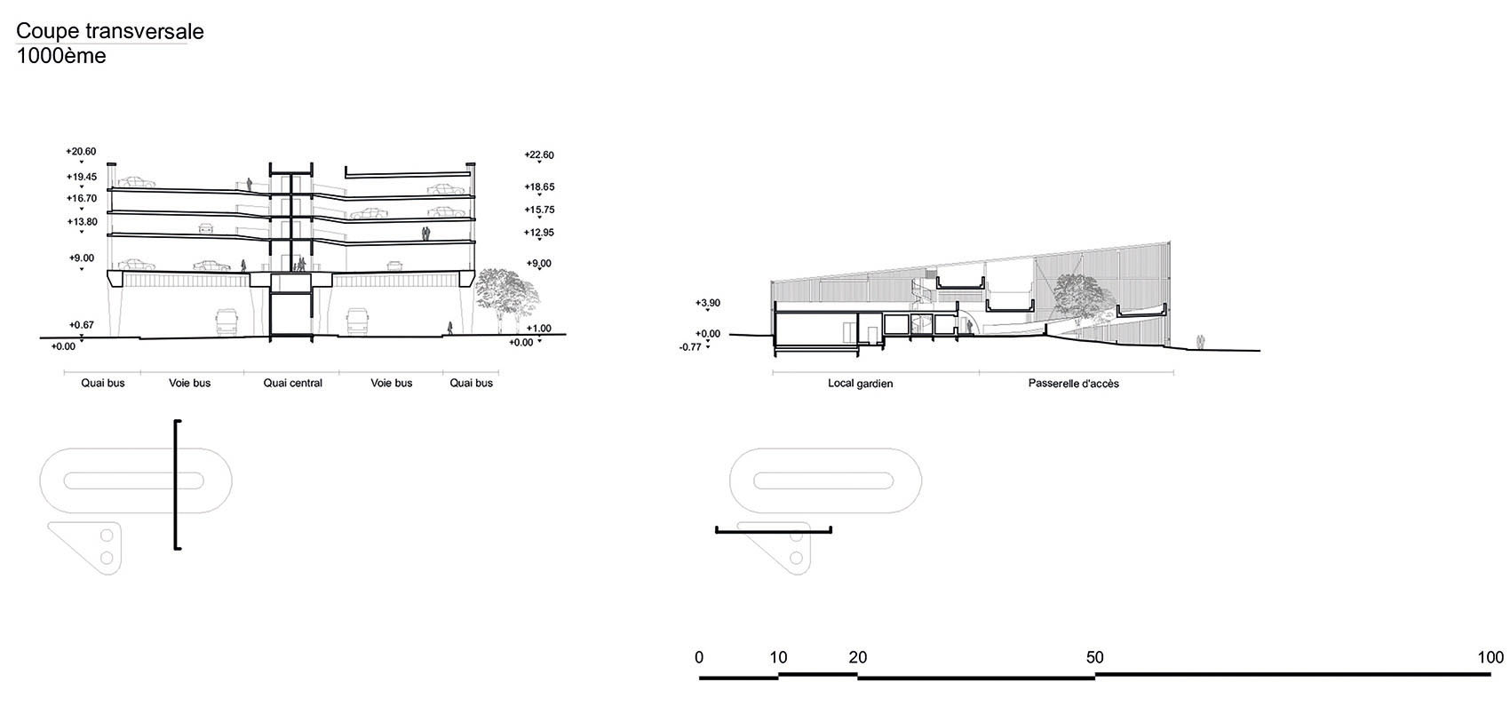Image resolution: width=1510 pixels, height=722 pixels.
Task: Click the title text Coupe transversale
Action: (x=110, y=32)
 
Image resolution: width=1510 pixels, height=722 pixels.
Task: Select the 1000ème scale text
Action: (x=61, y=56)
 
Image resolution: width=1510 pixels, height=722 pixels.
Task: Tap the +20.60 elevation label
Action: (x=81, y=152)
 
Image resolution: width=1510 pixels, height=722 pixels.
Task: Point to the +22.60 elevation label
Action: (x=539, y=155)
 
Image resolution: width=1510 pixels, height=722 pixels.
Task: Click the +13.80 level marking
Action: (x=83, y=222)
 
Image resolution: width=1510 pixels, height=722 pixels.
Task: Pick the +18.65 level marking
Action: (x=539, y=186)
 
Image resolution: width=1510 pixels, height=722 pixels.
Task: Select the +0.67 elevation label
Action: (x=82, y=325)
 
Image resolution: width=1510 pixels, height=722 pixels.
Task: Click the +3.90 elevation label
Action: (x=708, y=304)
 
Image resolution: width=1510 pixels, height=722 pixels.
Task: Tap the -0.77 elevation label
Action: (x=690, y=347)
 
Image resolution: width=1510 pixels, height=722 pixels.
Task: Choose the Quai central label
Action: (x=292, y=383)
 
